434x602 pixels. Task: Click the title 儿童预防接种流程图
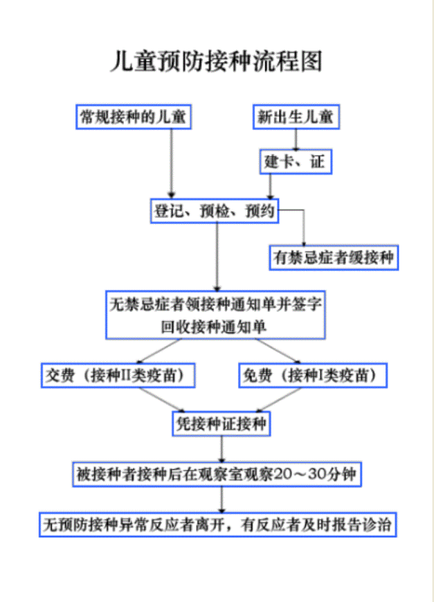point(216,61)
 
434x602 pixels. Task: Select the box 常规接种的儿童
point(133,117)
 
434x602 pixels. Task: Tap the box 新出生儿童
point(296,117)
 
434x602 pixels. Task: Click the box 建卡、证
point(296,162)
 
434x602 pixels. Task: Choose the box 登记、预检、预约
point(214,210)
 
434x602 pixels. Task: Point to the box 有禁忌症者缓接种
point(333,257)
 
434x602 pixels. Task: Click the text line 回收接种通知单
point(214,327)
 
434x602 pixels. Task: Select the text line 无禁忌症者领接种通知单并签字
point(215,304)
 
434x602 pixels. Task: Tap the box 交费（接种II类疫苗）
point(118,375)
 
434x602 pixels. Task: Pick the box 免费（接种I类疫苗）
point(313,375)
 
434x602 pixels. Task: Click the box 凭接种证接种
point(221,424)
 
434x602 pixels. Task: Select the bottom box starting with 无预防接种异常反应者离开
point(218,525)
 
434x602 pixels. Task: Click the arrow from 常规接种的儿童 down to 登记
point(172,163)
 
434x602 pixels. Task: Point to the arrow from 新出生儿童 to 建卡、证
point(296,139)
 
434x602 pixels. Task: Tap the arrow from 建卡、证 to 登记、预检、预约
point(270,186)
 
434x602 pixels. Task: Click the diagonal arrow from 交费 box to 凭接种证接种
point(162,400)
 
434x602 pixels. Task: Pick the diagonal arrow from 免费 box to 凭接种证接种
point(279,400)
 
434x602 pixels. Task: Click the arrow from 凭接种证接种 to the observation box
point(221,449)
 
